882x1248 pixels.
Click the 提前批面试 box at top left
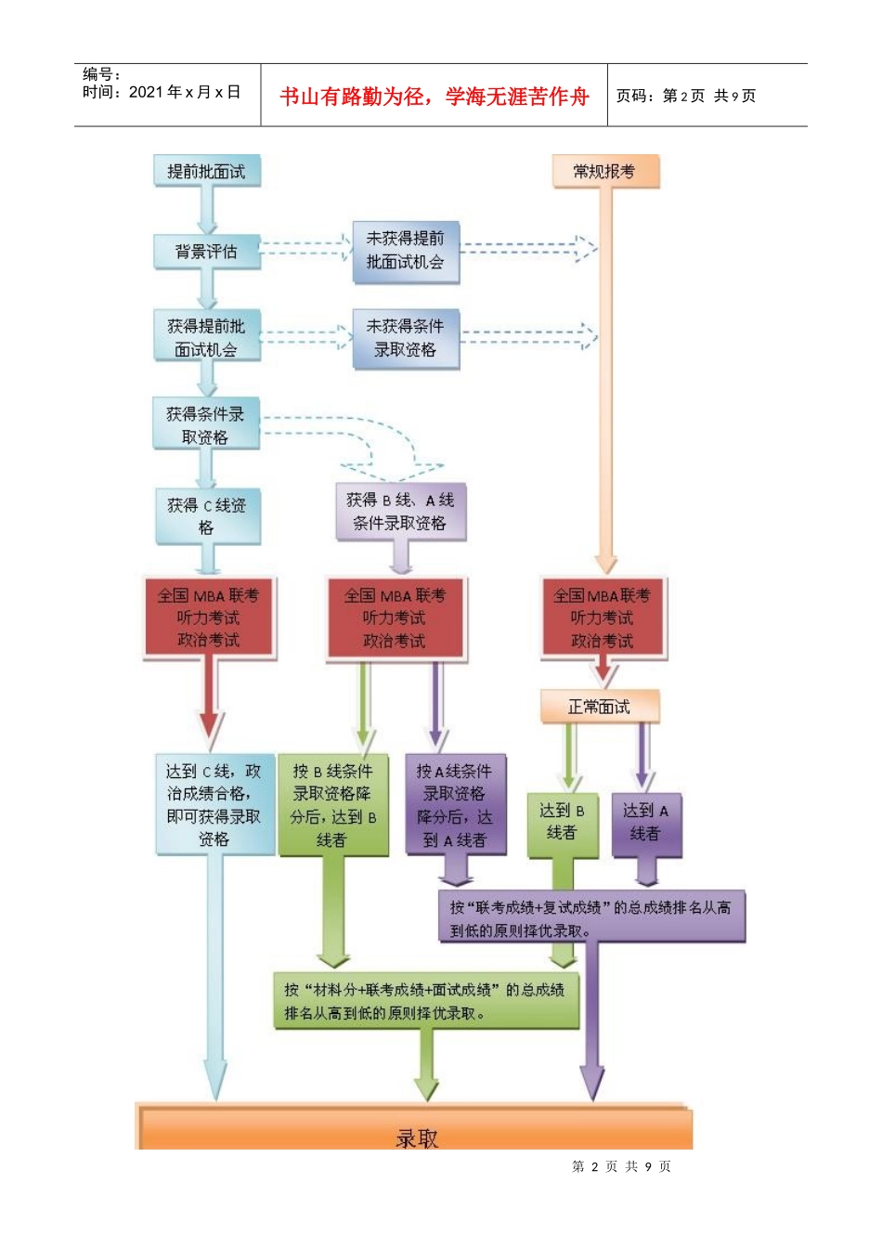point(206,171)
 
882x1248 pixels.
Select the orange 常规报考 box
point(604,171)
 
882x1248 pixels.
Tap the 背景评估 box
point(206,252)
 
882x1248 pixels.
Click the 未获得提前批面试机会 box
point(406,251)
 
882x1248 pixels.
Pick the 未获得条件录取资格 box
point(406,338)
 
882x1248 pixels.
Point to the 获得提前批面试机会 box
point(206,338)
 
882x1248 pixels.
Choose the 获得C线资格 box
point(206,516)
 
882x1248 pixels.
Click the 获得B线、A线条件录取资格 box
point(400,512)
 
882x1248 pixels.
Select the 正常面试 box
point(599,707)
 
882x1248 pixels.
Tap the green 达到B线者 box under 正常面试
point(562,823)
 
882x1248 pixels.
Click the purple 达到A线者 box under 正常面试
point(646,823)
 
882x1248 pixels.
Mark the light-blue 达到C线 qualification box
point(214,804)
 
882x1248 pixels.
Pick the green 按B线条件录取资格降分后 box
point(332,805)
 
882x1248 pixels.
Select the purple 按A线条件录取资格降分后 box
point(455,805)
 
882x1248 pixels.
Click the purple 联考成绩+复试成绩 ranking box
point(590,917)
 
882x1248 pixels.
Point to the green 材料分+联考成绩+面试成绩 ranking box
point(425,1001)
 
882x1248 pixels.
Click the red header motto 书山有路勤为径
point(434,97)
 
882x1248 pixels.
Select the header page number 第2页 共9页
point(686,97)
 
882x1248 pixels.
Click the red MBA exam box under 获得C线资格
point(209,617)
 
